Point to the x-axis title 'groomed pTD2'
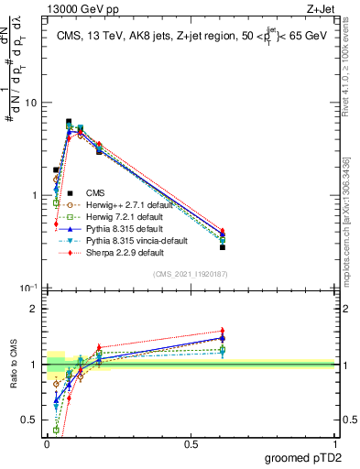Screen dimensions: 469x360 (x=304, y=457)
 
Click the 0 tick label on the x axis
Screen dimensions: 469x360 (x=46, y=443)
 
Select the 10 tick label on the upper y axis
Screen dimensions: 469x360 (x=31, y=103)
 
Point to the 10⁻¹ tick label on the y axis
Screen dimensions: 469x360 (x=29, y=289)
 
